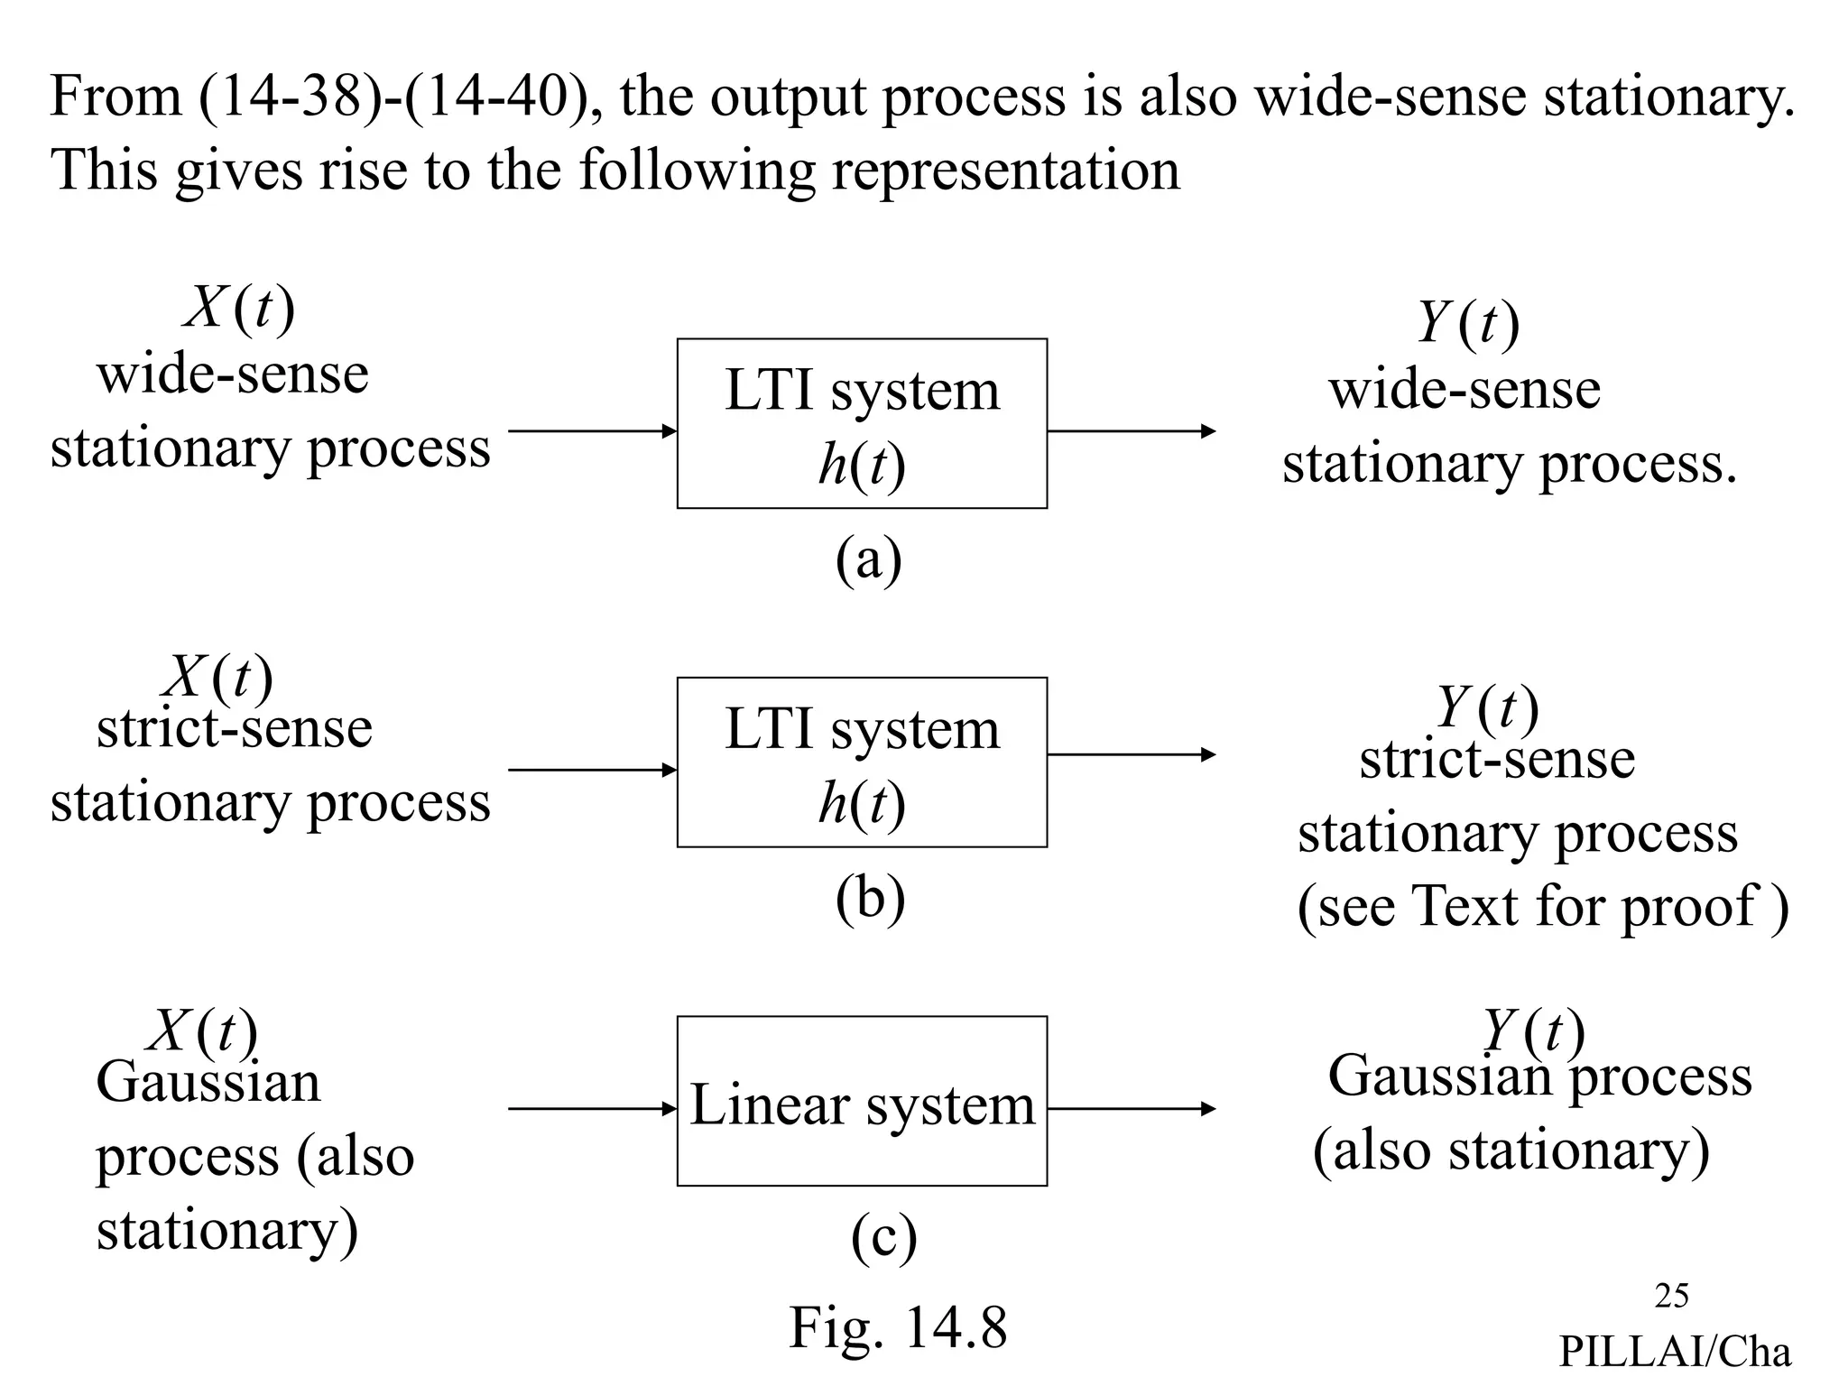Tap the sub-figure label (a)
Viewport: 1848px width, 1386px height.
tap(868, 559)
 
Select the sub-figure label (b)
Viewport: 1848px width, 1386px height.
tap(870, 899)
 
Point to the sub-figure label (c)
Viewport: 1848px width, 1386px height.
tap(883, 1237)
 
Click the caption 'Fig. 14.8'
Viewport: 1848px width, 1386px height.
tap(898, 1327)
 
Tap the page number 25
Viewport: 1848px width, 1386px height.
tap(1671, 1296)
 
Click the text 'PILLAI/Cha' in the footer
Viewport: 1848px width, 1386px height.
tap(1675, 1352)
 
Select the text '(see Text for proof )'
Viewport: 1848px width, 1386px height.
tap(1542, 906)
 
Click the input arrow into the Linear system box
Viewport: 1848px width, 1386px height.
tap(592, 1109)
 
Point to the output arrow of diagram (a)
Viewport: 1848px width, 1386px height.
tap(1131, 431)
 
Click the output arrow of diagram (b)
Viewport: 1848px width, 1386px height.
tap(1131, 754)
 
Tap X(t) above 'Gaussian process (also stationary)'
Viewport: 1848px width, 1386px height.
tap(203, 1031)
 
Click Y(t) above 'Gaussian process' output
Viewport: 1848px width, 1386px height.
tap(1533, 1030)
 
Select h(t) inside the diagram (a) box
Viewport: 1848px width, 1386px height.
tap(862, 466)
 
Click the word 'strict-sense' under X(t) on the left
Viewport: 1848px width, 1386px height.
tap(234, 728)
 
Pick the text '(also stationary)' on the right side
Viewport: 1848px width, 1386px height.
tap(1511, 1150)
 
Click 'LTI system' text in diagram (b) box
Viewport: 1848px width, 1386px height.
tap(862, 729)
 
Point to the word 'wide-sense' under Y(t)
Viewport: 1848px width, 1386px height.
tap(1465, 390)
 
